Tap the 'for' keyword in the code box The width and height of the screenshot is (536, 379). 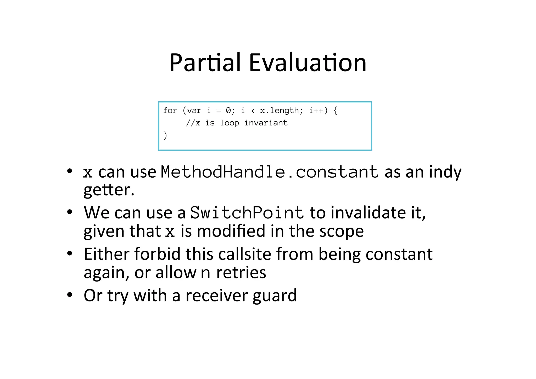170,111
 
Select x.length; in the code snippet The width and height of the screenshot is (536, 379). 281,111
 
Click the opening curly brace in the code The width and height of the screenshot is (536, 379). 336,111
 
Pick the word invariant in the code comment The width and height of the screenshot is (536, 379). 266,123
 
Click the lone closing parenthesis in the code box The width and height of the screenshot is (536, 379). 165,135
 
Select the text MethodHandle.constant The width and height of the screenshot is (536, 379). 270,172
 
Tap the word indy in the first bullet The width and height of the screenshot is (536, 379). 445,173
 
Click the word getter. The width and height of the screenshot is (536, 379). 109,190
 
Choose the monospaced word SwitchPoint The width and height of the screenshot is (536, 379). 247,212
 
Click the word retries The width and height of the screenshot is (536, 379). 241,272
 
